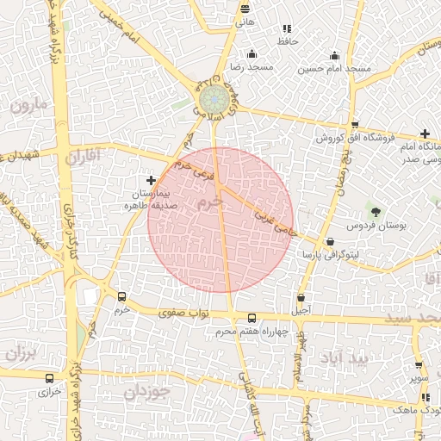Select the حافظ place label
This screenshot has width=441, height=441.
(x=287, y=41)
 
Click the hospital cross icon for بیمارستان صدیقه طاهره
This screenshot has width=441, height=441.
(x=152, y=181)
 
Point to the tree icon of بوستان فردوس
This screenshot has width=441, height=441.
(x=375, y=211)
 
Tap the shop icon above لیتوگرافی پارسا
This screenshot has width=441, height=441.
(x=330, y=242)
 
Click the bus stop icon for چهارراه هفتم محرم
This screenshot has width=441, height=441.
(x=252, y=318)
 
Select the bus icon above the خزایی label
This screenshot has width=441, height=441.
(x=48, y=377)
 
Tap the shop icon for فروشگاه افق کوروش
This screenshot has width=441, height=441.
(x=354, y=125)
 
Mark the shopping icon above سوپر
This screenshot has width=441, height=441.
(x=419, y=365)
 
